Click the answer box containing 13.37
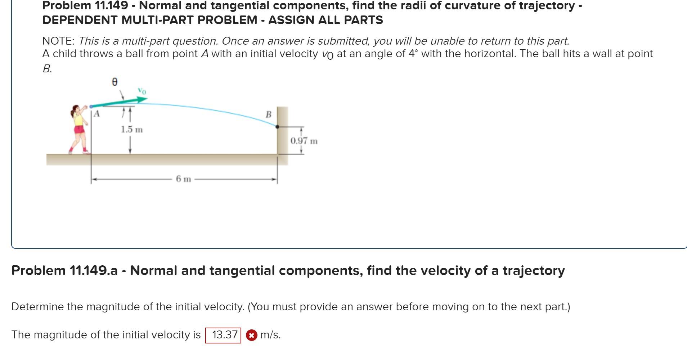point(223,335)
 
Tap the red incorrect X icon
point(251,336)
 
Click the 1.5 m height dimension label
point(132,129)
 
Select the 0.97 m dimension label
point(304,141)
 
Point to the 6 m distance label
point(183,179)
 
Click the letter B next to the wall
point(268,114)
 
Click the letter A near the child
point(96,114)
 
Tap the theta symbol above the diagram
point(114,82)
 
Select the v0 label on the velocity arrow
point(142,91)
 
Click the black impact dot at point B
point(277,127)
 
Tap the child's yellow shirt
point(78,120)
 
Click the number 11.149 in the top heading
point(111,5)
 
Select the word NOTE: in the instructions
point(58,41)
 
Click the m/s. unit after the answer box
point(270,335)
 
